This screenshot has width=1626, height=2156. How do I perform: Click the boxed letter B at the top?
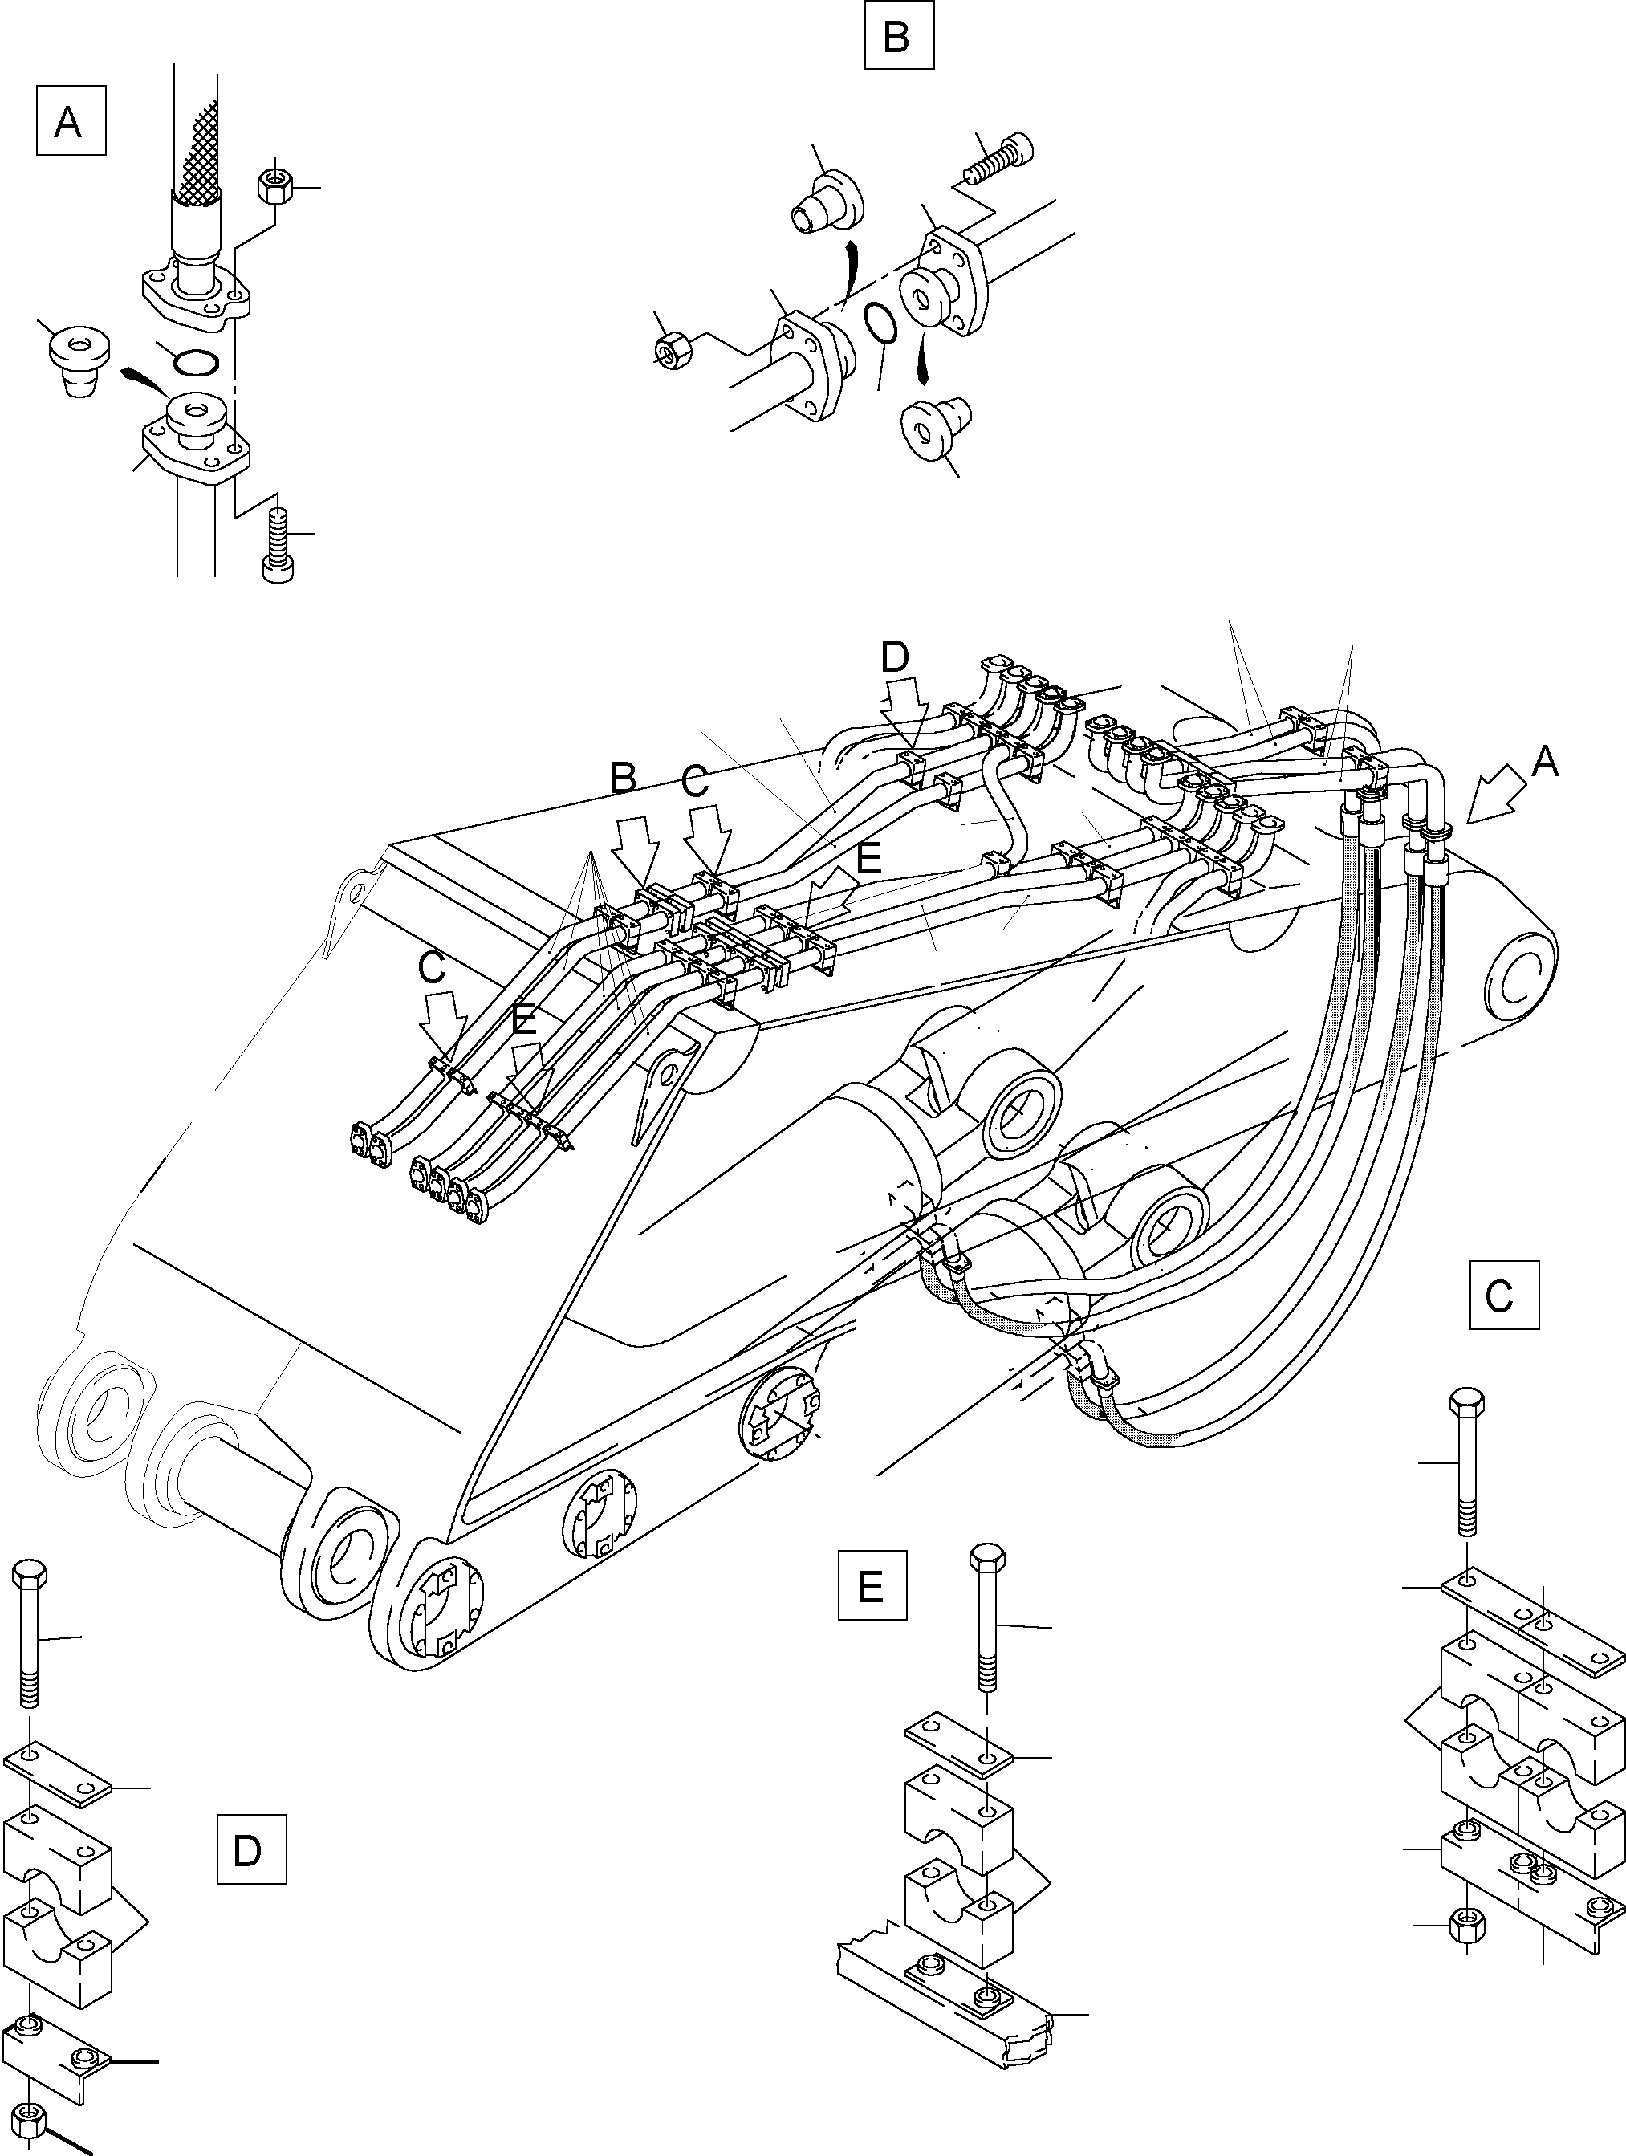point(898,37)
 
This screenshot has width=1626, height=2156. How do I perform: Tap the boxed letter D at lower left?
point(250,1848)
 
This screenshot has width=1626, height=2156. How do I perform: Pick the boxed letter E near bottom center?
point(872,1584)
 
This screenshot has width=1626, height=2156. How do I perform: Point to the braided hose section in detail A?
point(199,146)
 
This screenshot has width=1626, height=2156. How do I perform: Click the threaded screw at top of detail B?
point(998,160)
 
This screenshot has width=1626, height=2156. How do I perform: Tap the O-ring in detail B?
point(880,323)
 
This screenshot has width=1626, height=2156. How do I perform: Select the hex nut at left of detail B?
point(672,349)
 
